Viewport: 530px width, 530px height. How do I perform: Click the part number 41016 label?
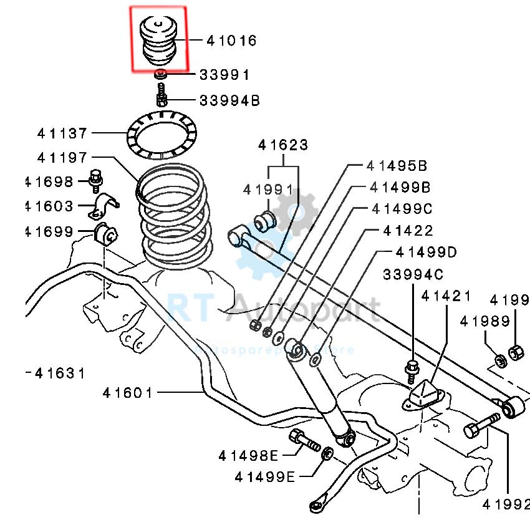click(x=231, y=41)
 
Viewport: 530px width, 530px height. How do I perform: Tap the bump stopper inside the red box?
click(x=158, y=41)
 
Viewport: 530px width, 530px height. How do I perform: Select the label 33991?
click(x=224, y=75)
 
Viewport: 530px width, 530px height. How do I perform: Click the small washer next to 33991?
click(x=161, y=75)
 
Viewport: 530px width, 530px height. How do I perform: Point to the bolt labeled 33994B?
click(x=161, y=96)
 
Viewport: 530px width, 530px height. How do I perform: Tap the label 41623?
click(x=283, y=145)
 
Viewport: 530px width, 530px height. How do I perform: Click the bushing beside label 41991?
click(x=267, y=219)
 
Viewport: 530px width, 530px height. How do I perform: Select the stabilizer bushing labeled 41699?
click(x=105, y=234)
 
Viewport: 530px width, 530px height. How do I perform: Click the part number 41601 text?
click(x=128, y=393)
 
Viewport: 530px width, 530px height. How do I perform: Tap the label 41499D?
click(x=426, y=252)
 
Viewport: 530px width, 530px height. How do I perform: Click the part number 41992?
click(x=504, y=503)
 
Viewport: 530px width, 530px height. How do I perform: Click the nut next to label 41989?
click(x=499, y=360)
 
